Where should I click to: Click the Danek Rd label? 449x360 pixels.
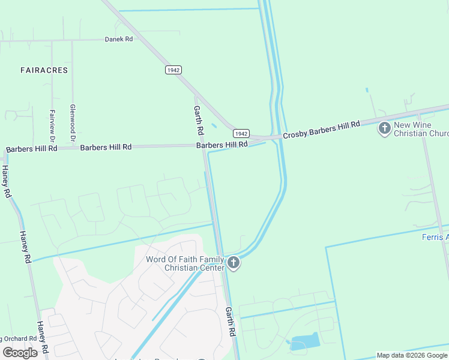pyautogui.click(x=118, y=39)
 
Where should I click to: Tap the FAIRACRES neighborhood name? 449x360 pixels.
pyautogui.click(x=44, y=70)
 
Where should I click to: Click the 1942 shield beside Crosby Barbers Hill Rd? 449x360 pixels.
pyautogui.click(x=241, y=134)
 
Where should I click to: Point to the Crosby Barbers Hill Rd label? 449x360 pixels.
pyautogui.click(x=321, y=129)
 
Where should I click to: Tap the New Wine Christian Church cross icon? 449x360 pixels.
pyautogui.click(x=384, y=128)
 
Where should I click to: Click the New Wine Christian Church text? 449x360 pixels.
pyautogui.click(x=421, y=129)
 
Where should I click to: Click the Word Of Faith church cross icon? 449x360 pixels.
pyautogui.click(x=233, y=263)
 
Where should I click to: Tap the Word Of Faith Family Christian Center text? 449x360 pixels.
pyautogui.click(x=185, y=263)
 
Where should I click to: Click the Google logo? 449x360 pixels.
pyautogui.click(x=20, y=352)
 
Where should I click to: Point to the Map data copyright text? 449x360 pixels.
pyautogui.click(x=412, y=355)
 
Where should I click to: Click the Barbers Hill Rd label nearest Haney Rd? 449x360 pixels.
pyautogui.click(x=31, y=148)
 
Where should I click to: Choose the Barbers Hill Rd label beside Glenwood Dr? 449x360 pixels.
pyautogui.click(x=106, y=147)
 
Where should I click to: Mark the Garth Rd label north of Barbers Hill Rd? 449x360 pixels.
pyautogui.click(x=199, y=120)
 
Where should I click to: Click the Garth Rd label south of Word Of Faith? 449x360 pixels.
pyautogui.click(x=230, y=321)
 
